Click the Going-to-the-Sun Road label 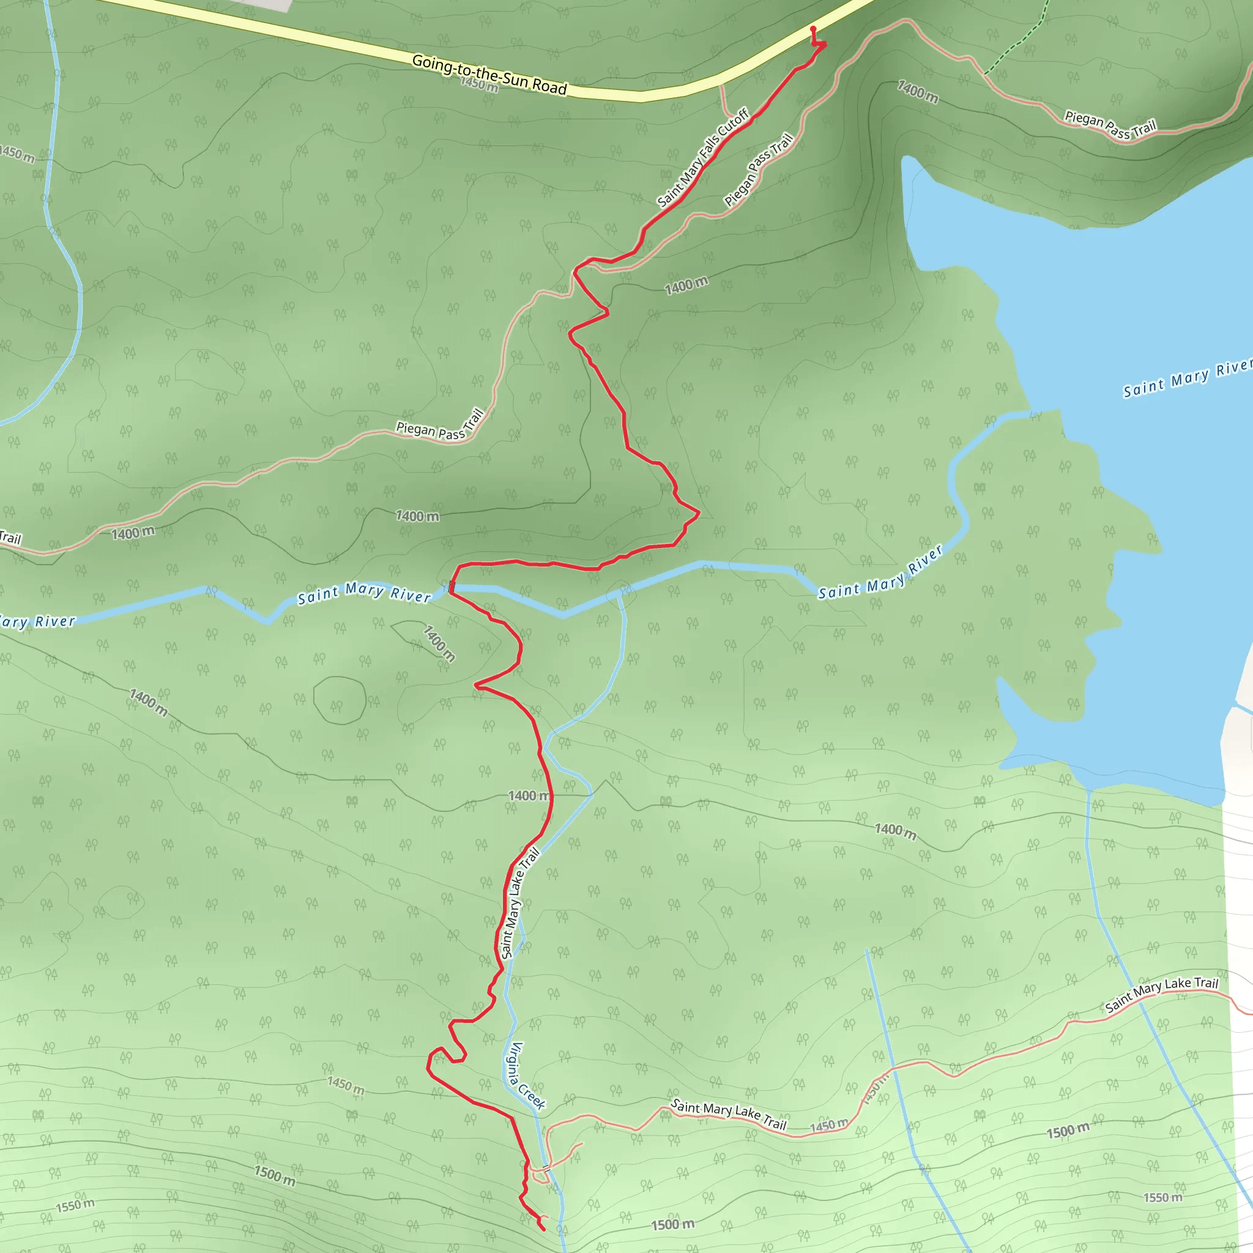[489, 75]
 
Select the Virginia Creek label [527, 1076]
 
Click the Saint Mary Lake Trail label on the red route [520, 904]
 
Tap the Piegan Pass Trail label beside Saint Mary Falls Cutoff [758, 169]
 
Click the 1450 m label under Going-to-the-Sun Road [479, 84]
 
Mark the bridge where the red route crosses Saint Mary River [452, 587]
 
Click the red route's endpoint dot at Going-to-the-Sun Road [813, 29]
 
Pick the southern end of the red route [542, 1229]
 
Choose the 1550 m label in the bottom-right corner [1163, 1197]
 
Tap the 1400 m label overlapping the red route [529, 796]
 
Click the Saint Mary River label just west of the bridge [364, 593]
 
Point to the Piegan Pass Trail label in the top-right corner [1111, 126]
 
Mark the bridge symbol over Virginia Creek [545, 1167]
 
